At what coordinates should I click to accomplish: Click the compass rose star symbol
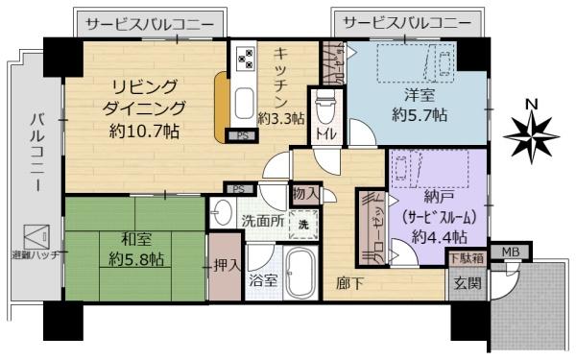[532, 136]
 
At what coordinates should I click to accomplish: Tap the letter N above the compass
[532, 105]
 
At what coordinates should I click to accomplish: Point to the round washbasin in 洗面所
[222, 212]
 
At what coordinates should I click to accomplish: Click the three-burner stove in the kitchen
[246, 59]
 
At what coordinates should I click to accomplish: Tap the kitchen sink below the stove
[244, 104]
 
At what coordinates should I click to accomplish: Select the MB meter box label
[511, 252]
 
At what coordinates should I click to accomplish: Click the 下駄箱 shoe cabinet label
[468, 258]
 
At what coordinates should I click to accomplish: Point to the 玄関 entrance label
[468, 283]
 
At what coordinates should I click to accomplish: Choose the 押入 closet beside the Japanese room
[226, 266]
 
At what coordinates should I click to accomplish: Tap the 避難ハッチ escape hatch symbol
[36, 236]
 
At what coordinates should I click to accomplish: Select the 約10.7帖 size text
[144, 131]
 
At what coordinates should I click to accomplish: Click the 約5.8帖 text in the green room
[136, 260]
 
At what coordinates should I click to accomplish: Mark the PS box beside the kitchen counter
[242, 136]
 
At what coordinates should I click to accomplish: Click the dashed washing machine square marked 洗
[303, 225]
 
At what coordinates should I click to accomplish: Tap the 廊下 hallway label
[350, 283]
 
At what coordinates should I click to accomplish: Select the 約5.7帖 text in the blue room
[420, 115]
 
